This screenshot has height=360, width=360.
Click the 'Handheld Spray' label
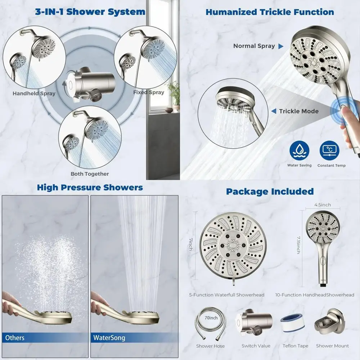pyautogui.click(x=34, y=94)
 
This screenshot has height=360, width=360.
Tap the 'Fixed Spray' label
pyautogui.click(x=149, y=93)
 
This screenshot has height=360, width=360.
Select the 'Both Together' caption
pyautogui.click(x=90, y=174)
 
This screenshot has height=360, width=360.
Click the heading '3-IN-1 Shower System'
pyautogui.click(x=90, y=12)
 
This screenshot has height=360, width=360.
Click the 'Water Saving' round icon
pyautogui.click(x=300, y=152)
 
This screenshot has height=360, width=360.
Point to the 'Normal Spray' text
pyautogui.click(x=254, y=46)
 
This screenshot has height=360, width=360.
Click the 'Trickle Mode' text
pyautogui.click(x=299, y=111)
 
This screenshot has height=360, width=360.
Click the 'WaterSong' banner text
pyautogui.click(x=109, y=338)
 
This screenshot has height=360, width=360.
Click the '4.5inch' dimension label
pyautogui.click(x=323, y=205)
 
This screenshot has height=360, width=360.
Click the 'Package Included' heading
pyautogui.click(x=270, y=191)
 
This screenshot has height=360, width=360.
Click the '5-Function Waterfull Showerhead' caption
pyautogui.click(x=227, y=295)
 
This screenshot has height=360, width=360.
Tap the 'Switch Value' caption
pyautogui.click(x=256, y=346)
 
